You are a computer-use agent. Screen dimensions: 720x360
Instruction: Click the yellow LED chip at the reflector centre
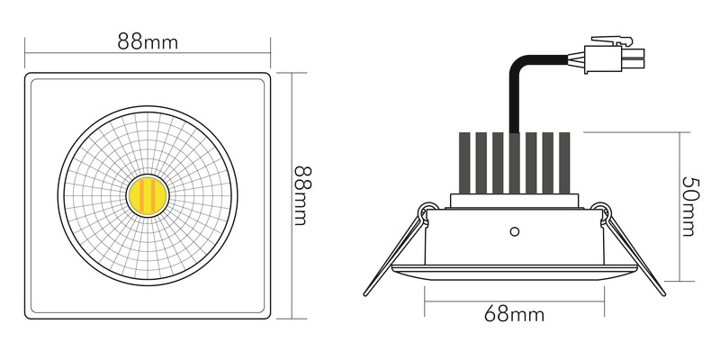pyautogui.click(x=148, y=195)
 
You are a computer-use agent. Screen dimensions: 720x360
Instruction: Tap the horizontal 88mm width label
pyautogui.click(x=148, y=41)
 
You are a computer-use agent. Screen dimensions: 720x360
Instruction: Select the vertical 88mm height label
pyautogui.click(x=302, y=195)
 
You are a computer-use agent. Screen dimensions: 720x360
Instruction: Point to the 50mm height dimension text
pyautogui.click(x=690, y=206)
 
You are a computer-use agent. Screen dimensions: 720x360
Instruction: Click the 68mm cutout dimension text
pyautogui.click(x=514, y=315)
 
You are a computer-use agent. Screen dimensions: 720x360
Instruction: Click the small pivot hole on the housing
pyautogui.click(x=514, y=232)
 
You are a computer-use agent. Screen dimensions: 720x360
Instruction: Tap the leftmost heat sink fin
pyautogui.click(x=464, y=163)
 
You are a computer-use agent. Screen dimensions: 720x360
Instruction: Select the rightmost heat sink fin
pyautogui.click(x=564, y=163)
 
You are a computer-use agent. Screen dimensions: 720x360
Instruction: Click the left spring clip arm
pyautogui.click(x=394, y=255)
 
